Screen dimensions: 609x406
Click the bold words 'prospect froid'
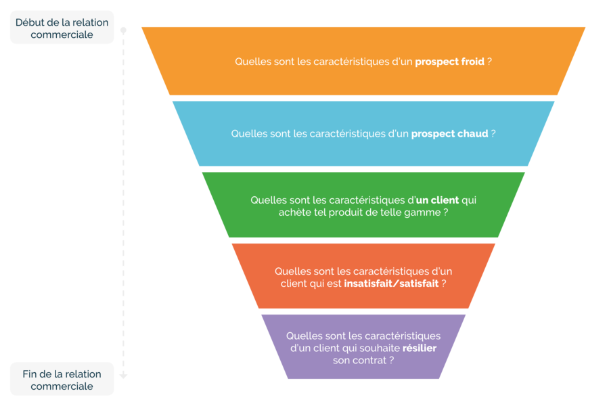pos(449,62)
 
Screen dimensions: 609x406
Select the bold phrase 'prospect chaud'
pos(449,134)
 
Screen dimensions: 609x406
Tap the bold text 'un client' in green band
pos(437,200)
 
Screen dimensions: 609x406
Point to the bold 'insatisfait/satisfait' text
pos(391,284)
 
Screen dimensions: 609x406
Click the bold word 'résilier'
pos(420,348)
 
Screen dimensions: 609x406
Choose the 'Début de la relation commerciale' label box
pos(62,28)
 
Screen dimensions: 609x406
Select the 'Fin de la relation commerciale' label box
pos(62,379)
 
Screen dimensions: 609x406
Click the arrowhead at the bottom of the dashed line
pos(124,376)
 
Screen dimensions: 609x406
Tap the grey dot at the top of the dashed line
pos(124,30)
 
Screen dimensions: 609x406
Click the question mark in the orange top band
pos(489,62)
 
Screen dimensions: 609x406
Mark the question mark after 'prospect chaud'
pos(493,134)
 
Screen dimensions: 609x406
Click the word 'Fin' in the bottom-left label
pos(30,374)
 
